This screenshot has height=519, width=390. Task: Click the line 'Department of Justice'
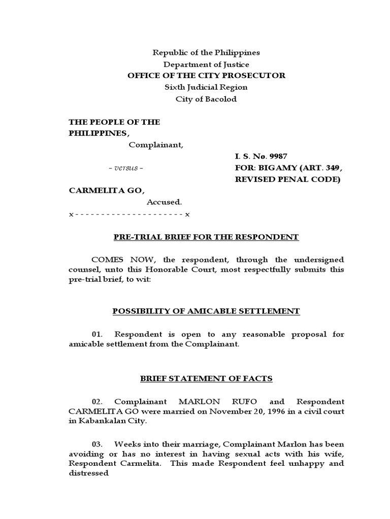[x=206, y=64]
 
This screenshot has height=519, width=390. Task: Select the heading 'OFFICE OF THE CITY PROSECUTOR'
[x=206, y=76]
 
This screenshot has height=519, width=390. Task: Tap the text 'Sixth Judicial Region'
[x=206, y=87]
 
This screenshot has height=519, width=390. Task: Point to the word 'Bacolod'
[x=221, y=99]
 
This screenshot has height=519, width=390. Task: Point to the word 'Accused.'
[x=164, y=202]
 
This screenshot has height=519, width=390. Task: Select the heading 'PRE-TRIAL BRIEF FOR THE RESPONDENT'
[x=206, y=237]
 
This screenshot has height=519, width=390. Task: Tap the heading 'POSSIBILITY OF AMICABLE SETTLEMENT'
[x=206, y=311]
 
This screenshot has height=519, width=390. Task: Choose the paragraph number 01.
[x=97, y=334]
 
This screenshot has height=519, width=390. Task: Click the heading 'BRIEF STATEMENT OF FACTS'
[x=206, y=378]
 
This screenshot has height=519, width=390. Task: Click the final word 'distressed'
[x=89, y=473]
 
